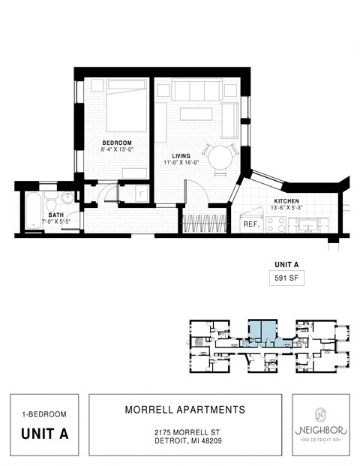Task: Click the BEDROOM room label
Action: pos(117,143)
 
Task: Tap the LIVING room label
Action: pos(181,156)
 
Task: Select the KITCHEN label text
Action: pos(286,201)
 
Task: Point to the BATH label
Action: pos(56,215)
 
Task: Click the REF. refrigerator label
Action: pos(250,224)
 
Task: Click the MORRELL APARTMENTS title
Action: pos(184,410)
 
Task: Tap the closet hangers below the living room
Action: pos(205,223)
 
